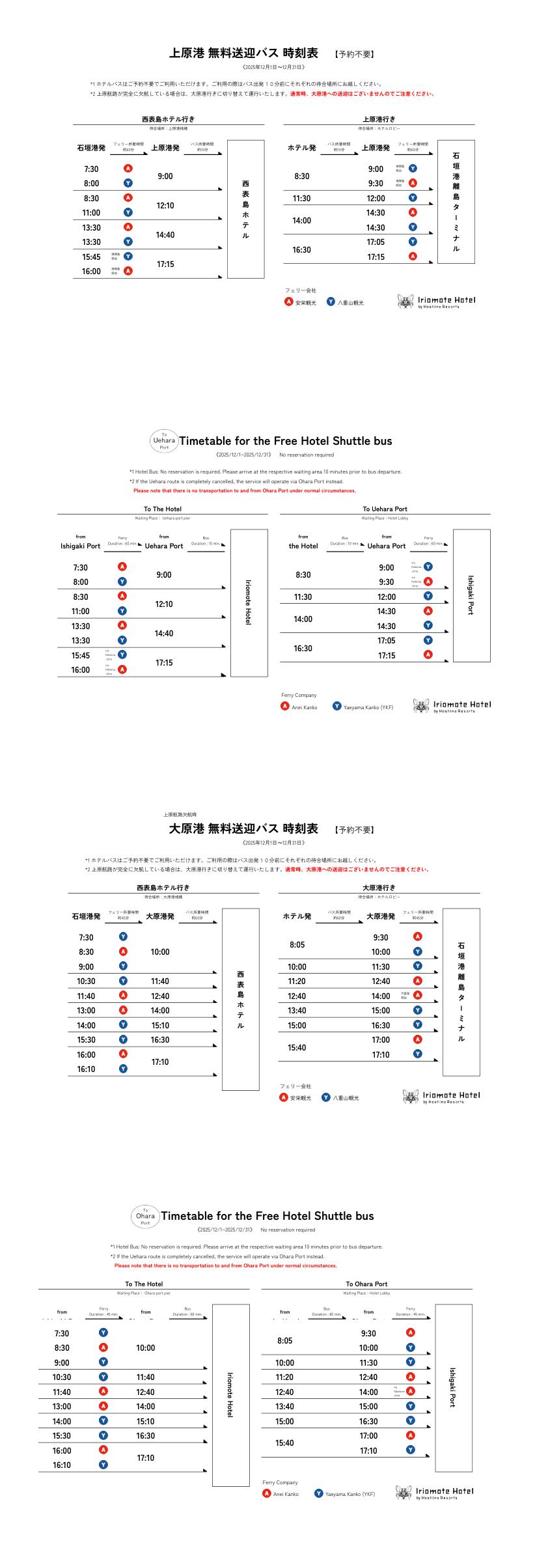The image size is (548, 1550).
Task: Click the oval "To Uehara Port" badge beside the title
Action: [x=164, y=441]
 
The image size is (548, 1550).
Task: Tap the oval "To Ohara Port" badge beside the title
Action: [x=145, y=1216]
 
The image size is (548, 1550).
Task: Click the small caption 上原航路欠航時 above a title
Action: [x=180, y=814]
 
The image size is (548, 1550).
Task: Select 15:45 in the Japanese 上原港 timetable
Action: [x=91, y=257]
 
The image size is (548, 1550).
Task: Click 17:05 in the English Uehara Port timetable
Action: [x=386, y=641]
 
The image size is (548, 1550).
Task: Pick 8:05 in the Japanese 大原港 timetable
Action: [x=297, y=944]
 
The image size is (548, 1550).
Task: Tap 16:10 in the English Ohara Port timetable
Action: [x=62, y=1465]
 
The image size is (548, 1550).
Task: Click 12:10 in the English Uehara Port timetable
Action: [x=164, y=604]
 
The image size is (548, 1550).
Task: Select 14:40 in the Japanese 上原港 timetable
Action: [x=165, y=235]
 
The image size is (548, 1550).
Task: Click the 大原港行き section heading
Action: [x=379, y=888]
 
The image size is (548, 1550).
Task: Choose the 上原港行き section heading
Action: [x=379, y=119]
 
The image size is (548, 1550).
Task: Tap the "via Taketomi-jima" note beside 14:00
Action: [x=397, y=1391]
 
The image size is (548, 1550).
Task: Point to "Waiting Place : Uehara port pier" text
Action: [x=163, y=518]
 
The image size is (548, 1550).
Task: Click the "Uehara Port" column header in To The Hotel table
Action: [x=164, y=546]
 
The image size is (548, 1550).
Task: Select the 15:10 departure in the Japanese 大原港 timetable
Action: [x=160, y=1025]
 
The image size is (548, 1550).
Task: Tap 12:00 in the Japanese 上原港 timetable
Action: [x=376, y=199]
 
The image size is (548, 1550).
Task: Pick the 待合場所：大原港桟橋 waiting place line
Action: [x=163, y=897]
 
